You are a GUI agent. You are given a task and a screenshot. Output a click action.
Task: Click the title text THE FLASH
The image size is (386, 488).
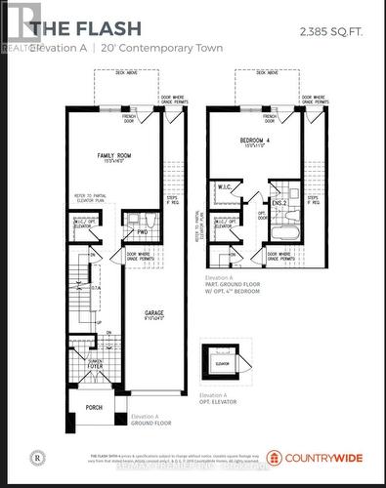tap(72, 29)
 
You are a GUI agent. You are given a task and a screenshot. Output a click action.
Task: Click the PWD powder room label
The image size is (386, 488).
tap(143, 233)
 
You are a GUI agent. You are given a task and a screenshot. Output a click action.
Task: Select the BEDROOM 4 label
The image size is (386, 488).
tap(258, 142)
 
